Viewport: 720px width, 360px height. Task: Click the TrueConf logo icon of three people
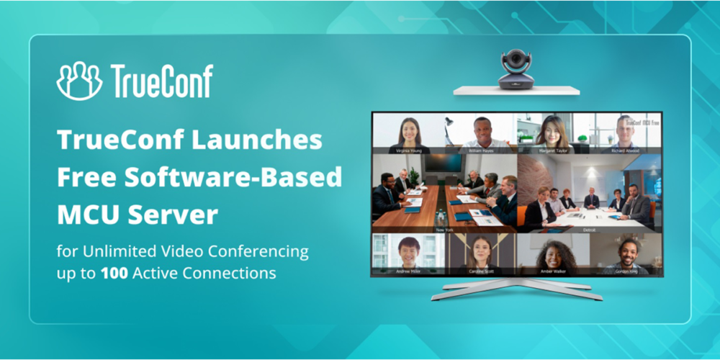79,81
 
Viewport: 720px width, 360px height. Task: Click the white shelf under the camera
516,91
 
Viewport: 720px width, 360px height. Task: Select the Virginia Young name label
408,151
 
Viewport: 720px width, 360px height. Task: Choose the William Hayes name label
481,151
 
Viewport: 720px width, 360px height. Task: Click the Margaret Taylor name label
553,151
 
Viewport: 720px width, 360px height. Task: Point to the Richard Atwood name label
625,151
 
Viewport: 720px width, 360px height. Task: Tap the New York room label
444,230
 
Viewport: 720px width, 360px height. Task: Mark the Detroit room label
589,230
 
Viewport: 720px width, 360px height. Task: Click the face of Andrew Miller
408,249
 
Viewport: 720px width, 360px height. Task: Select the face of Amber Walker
553,252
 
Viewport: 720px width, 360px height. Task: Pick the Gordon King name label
625,271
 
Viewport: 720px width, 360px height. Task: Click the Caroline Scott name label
481,271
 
